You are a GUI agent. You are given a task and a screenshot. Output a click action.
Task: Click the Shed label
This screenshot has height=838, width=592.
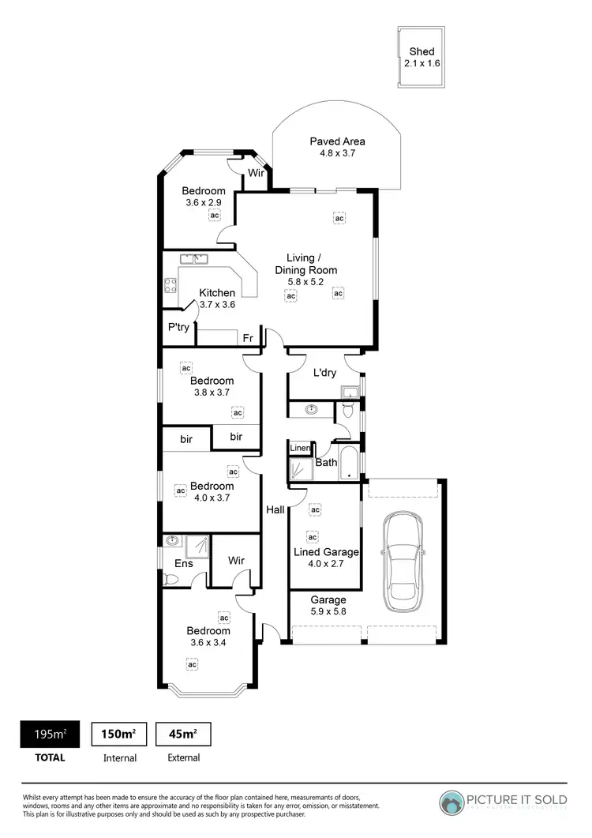422,51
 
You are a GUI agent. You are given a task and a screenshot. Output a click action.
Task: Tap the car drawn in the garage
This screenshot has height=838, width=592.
403,562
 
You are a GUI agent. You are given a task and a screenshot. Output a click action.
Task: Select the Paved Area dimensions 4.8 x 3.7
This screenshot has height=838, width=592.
338,154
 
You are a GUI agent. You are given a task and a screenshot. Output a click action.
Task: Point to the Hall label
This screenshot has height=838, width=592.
275,510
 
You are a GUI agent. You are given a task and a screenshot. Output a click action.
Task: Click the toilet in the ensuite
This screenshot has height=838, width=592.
170,579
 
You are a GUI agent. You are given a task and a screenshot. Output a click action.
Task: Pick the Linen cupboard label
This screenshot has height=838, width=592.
300,449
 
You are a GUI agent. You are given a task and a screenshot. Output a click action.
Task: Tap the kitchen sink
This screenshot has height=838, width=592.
193,259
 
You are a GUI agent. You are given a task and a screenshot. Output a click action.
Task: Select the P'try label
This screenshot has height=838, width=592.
178,328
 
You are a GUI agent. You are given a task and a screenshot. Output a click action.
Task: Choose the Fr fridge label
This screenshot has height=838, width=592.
248,338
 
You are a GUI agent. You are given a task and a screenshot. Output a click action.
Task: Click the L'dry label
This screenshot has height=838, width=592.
325,373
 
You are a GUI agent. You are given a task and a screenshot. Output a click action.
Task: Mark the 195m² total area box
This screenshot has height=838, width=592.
54,734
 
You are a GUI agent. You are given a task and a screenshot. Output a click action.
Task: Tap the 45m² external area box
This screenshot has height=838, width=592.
183,734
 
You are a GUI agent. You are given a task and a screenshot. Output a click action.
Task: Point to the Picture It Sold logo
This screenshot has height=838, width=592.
505,801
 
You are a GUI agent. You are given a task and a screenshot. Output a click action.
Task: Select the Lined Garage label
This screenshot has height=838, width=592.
326,552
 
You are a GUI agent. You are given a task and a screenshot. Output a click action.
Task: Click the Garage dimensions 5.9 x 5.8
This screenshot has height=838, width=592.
328,611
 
